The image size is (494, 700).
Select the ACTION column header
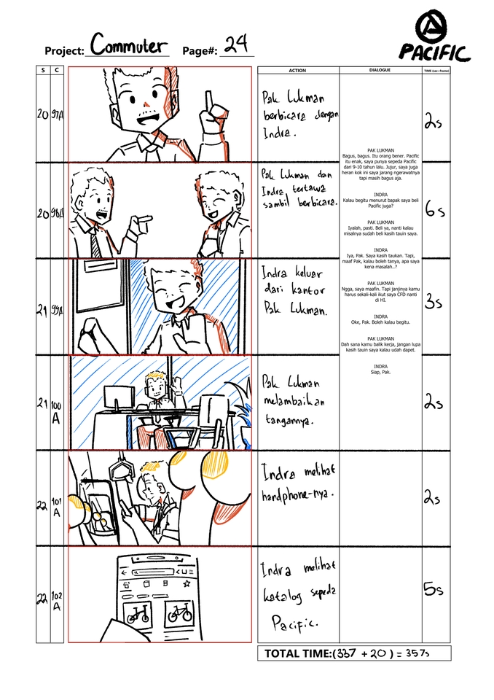297,71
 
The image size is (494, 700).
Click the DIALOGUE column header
380,70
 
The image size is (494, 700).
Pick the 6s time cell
435,210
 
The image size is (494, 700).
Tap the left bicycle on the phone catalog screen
136,615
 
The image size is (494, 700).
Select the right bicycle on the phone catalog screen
179,615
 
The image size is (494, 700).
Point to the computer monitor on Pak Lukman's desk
117,397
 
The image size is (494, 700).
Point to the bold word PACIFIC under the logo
434,52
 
